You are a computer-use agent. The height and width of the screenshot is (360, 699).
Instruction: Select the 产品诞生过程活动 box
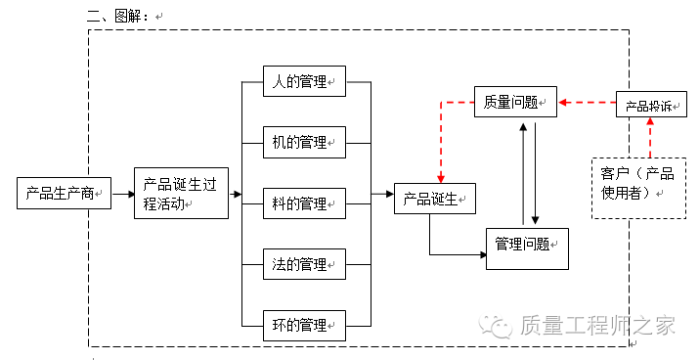(180, 193)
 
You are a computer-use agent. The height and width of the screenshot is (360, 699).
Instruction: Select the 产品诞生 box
(435, 200)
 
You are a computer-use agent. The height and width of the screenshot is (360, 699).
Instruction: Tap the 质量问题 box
(515, 101)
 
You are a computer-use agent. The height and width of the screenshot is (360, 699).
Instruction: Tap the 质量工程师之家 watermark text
(597, 325)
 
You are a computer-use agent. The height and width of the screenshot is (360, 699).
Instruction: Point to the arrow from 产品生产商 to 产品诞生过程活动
(122, 194)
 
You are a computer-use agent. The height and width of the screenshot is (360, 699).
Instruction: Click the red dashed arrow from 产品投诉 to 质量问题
(587, 101)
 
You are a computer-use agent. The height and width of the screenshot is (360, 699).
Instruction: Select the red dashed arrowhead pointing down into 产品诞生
(442, 178)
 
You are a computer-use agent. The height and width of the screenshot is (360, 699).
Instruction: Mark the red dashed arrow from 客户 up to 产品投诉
(649, 136)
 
